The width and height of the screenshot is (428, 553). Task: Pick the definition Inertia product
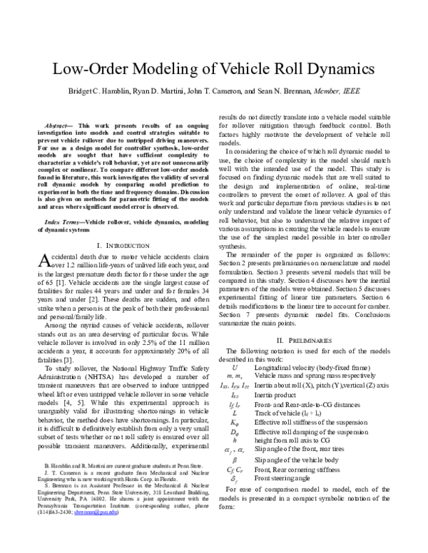pos(277,393)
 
